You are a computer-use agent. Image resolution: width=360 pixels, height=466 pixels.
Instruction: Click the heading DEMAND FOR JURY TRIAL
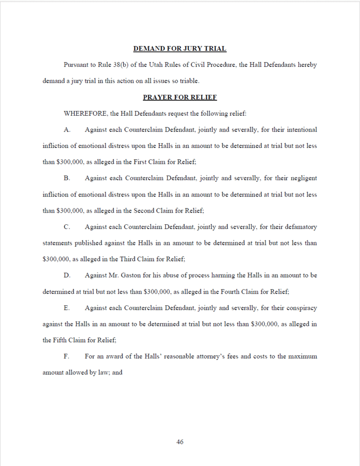(x=180, y=49)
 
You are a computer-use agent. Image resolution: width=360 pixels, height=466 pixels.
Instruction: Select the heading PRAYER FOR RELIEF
(x=180, y=97)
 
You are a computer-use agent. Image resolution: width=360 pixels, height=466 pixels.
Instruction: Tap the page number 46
(x=180, y=442)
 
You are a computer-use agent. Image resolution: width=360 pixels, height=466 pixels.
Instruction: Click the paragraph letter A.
(x=67, y=130)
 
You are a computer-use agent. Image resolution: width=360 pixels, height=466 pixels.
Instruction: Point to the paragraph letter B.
(x=67, y=178)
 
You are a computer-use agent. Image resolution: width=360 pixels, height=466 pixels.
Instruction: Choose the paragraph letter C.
(x=67, y=227)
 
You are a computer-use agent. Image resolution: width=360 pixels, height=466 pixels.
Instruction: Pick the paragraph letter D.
(x=67, y=276)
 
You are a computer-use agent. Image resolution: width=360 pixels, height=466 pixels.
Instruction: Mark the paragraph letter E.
(x=67, y=308)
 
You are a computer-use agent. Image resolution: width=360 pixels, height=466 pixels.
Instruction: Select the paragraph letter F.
(x=66, y=357)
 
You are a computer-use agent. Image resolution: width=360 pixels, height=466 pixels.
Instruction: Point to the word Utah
(x=156, y=65)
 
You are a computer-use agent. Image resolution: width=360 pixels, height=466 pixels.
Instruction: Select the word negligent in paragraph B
(x=302, y=178)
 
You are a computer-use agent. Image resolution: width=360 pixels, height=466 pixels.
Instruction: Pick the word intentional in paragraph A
(x=301, y=130)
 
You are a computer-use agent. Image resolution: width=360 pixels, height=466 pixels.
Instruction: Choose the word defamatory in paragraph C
(x=300, y=227)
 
